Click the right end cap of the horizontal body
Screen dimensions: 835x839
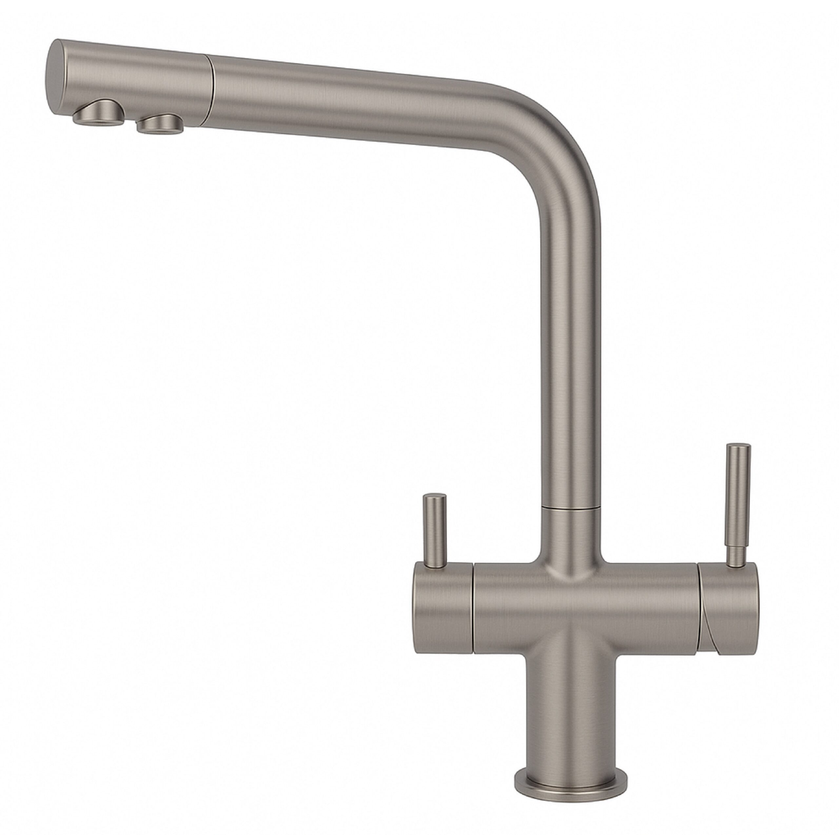[x=730, y=613]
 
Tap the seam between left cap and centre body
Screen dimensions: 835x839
[x=473, y=613]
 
